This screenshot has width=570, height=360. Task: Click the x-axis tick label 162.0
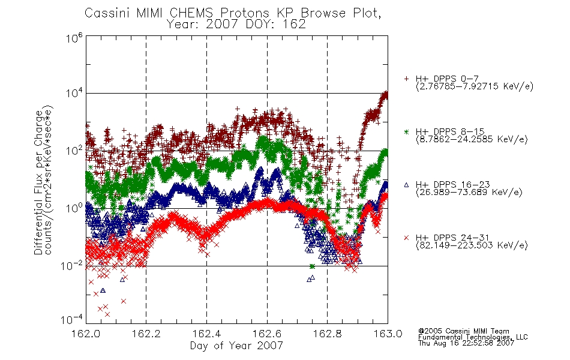(x=86, y=334)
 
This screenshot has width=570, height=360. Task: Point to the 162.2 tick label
(x=146, y=334)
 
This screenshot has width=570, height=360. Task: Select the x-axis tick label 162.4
(x=206, y=334)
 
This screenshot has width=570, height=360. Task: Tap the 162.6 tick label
(x=267, y=334)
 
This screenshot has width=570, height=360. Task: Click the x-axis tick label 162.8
(x=327, y=334)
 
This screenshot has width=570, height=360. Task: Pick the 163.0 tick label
(x=388, y=334)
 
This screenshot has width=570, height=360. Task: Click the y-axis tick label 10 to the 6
(x=74, y=38)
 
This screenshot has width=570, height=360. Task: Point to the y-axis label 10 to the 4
(x=74, y=93)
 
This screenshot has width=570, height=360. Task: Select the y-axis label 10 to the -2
(x=71, y=265)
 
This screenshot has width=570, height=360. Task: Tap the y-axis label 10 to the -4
(x=71, y=320)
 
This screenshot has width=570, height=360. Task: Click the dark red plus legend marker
(x=406, y=79)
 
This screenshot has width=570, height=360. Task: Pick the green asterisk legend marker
(x=406, y=131)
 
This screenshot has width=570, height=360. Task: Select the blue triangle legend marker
(x=406, y=185)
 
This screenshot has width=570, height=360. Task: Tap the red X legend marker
(x=406, y=238)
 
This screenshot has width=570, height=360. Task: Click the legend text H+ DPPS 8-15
(x=450, y=131)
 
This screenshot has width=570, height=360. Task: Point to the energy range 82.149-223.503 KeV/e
(x=472, y=245)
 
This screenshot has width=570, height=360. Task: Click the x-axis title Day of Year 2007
(x=236, y=346)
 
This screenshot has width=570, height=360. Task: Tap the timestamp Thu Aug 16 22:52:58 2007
(x=466, y=343)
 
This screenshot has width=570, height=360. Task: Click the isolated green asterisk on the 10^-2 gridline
(x=312, y=266)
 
